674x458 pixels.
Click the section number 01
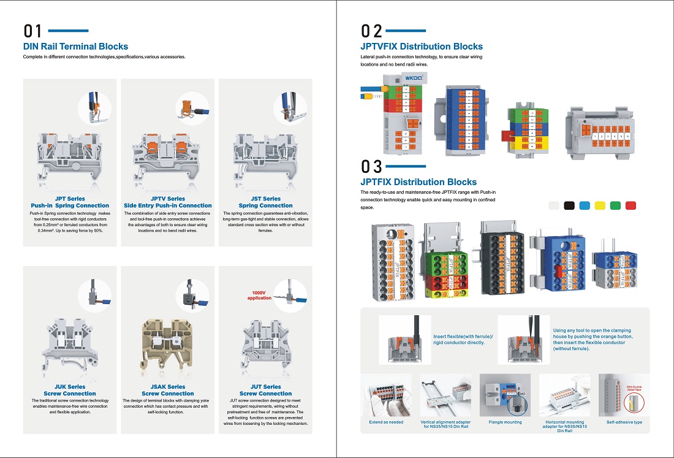(x=32, y=31)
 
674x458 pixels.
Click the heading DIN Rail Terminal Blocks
(x=75, y=47)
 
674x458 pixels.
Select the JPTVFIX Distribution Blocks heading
(x=422, y=47)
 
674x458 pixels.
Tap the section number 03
(x=371, y=167)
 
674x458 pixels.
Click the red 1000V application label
(x=259, y=296)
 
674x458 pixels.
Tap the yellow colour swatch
(x=600, y=206)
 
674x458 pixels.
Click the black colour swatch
(x=569, y=206)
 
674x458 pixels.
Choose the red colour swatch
(x=631, y=206)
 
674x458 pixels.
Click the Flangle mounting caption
(x=505, y=422)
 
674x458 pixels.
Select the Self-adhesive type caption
(x=624, y=422)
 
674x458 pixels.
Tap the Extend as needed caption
(x=386, y=422)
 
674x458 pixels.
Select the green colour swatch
(x=616, y=206)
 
